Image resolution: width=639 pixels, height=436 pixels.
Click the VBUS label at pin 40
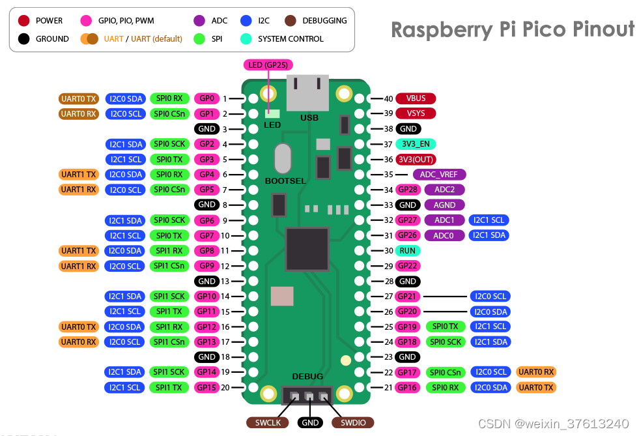pos(416,98)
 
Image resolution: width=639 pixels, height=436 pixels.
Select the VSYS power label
pos(416,113)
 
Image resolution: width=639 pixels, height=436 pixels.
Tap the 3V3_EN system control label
pos(416,144)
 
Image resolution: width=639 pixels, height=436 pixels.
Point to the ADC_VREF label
pos(439,175)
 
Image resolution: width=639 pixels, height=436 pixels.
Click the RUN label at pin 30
pos(408,250)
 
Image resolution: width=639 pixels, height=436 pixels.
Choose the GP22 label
pos(408,266)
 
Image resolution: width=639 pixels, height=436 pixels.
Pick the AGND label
pos(444,205)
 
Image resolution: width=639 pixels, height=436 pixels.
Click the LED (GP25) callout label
pos(268,65)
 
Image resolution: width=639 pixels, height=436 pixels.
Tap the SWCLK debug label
pos(268,423)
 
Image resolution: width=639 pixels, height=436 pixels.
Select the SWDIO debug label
pos(353,423)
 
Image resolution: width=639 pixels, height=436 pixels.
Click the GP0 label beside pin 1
pos(206,98)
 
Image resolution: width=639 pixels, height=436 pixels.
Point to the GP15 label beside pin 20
pos(206,387)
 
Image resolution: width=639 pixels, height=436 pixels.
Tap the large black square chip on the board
pos(307,249)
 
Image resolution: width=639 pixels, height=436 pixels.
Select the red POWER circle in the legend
pos(24,21)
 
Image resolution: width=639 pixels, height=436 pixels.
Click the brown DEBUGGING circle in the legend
pos(291,21)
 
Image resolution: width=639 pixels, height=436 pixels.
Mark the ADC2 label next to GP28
pos(444,190)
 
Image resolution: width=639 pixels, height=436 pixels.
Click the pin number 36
pos(388,160)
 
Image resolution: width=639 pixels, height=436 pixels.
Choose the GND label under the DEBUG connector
pos(310,423)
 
